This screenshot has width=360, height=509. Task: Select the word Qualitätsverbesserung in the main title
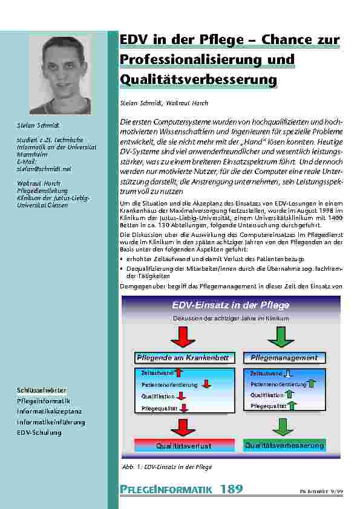pos(198,80)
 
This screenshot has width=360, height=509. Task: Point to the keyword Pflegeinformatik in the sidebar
pos(44,401)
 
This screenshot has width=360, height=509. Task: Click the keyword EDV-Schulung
pos(39,432)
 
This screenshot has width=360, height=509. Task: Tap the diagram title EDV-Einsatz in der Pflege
pos(231,305)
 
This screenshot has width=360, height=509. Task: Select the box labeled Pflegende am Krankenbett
pos(183,358)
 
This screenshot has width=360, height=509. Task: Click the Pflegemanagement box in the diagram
pos(284,358)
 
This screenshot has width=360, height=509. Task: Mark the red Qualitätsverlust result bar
pos(183,446)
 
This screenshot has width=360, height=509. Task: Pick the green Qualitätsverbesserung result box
pos(284,446)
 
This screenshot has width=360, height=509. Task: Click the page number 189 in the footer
pos(231,489)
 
